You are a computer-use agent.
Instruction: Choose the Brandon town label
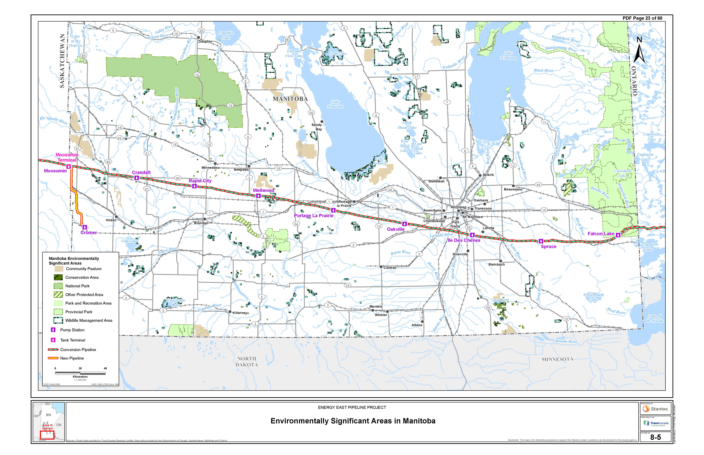coord(201,223)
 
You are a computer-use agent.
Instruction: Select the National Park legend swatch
coord(58,286)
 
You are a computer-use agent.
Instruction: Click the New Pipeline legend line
coord(53,358)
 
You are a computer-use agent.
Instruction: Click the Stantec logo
coord(656,409)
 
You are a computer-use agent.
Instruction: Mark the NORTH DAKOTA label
coord(247,362)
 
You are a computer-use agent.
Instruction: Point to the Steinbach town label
coord(496,264)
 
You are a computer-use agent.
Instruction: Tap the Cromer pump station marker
coord(85,227)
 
